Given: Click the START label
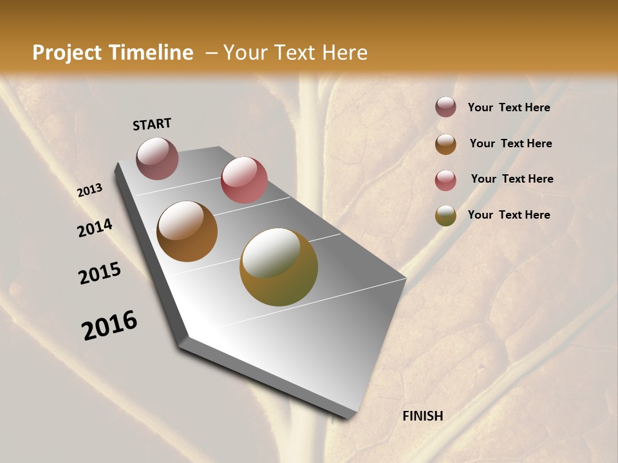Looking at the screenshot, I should pyautogui.click(x=152, y=124).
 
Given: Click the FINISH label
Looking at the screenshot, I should pyautogui.click(x=423, y=416).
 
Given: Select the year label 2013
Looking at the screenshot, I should pyautogui.click(x=89, y=190).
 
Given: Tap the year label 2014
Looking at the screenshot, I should pyautogui.click(x=95, y=228).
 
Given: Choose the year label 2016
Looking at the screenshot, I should pyautogui.click(x=109, y=325).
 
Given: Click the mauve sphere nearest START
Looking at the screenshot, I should pyautogui.click(x=158, y=158).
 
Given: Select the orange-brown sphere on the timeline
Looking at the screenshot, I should pyautogui.click(x=187, y=232).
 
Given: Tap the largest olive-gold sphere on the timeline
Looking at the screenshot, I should pyautogui.click(x=279, y=267).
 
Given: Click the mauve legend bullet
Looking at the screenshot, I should pyautogui.click(x=445, y=107).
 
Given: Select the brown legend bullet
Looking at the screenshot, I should pyautogui.click(x=445, y=144).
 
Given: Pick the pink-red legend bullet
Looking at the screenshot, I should pyautogui.click(x=445, y=180).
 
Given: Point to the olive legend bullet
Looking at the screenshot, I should pyautogui.click(x=445, y=215).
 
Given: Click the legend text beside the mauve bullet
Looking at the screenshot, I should pyautogui.click(x=509, y=107).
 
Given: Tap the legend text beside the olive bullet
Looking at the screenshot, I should pyautogui.click(x=509, y=215).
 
